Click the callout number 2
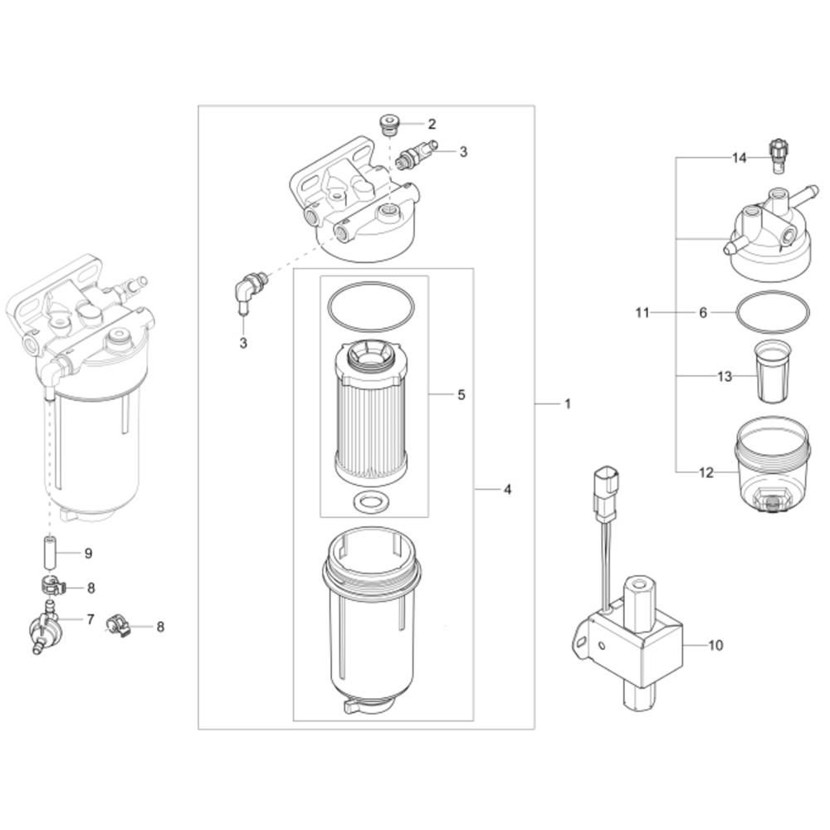pyautogui.click(x=432, y=124)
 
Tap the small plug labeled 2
pyautogui.click(x=388, y=125)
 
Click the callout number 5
pyautogui.click(x=461, y=394)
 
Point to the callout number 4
pyautogui.click(x=507, y=489)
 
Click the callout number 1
pyautogui.click(x=568, y=404)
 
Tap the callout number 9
pyautogui.click(x=88, y=553)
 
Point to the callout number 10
pyautogui.click(x=716, y=644)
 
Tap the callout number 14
pyautogui.click(x=740, y=158)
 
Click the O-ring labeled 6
pyautogui.click(x=772, y=314)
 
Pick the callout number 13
pyautogui.click(x=725, y=377)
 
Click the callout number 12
pyautogui.click(x=706, y=473)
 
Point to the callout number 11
pyautogui.click(x=642, y=313)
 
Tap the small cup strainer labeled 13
pyautogui.click(x=771, y=373)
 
